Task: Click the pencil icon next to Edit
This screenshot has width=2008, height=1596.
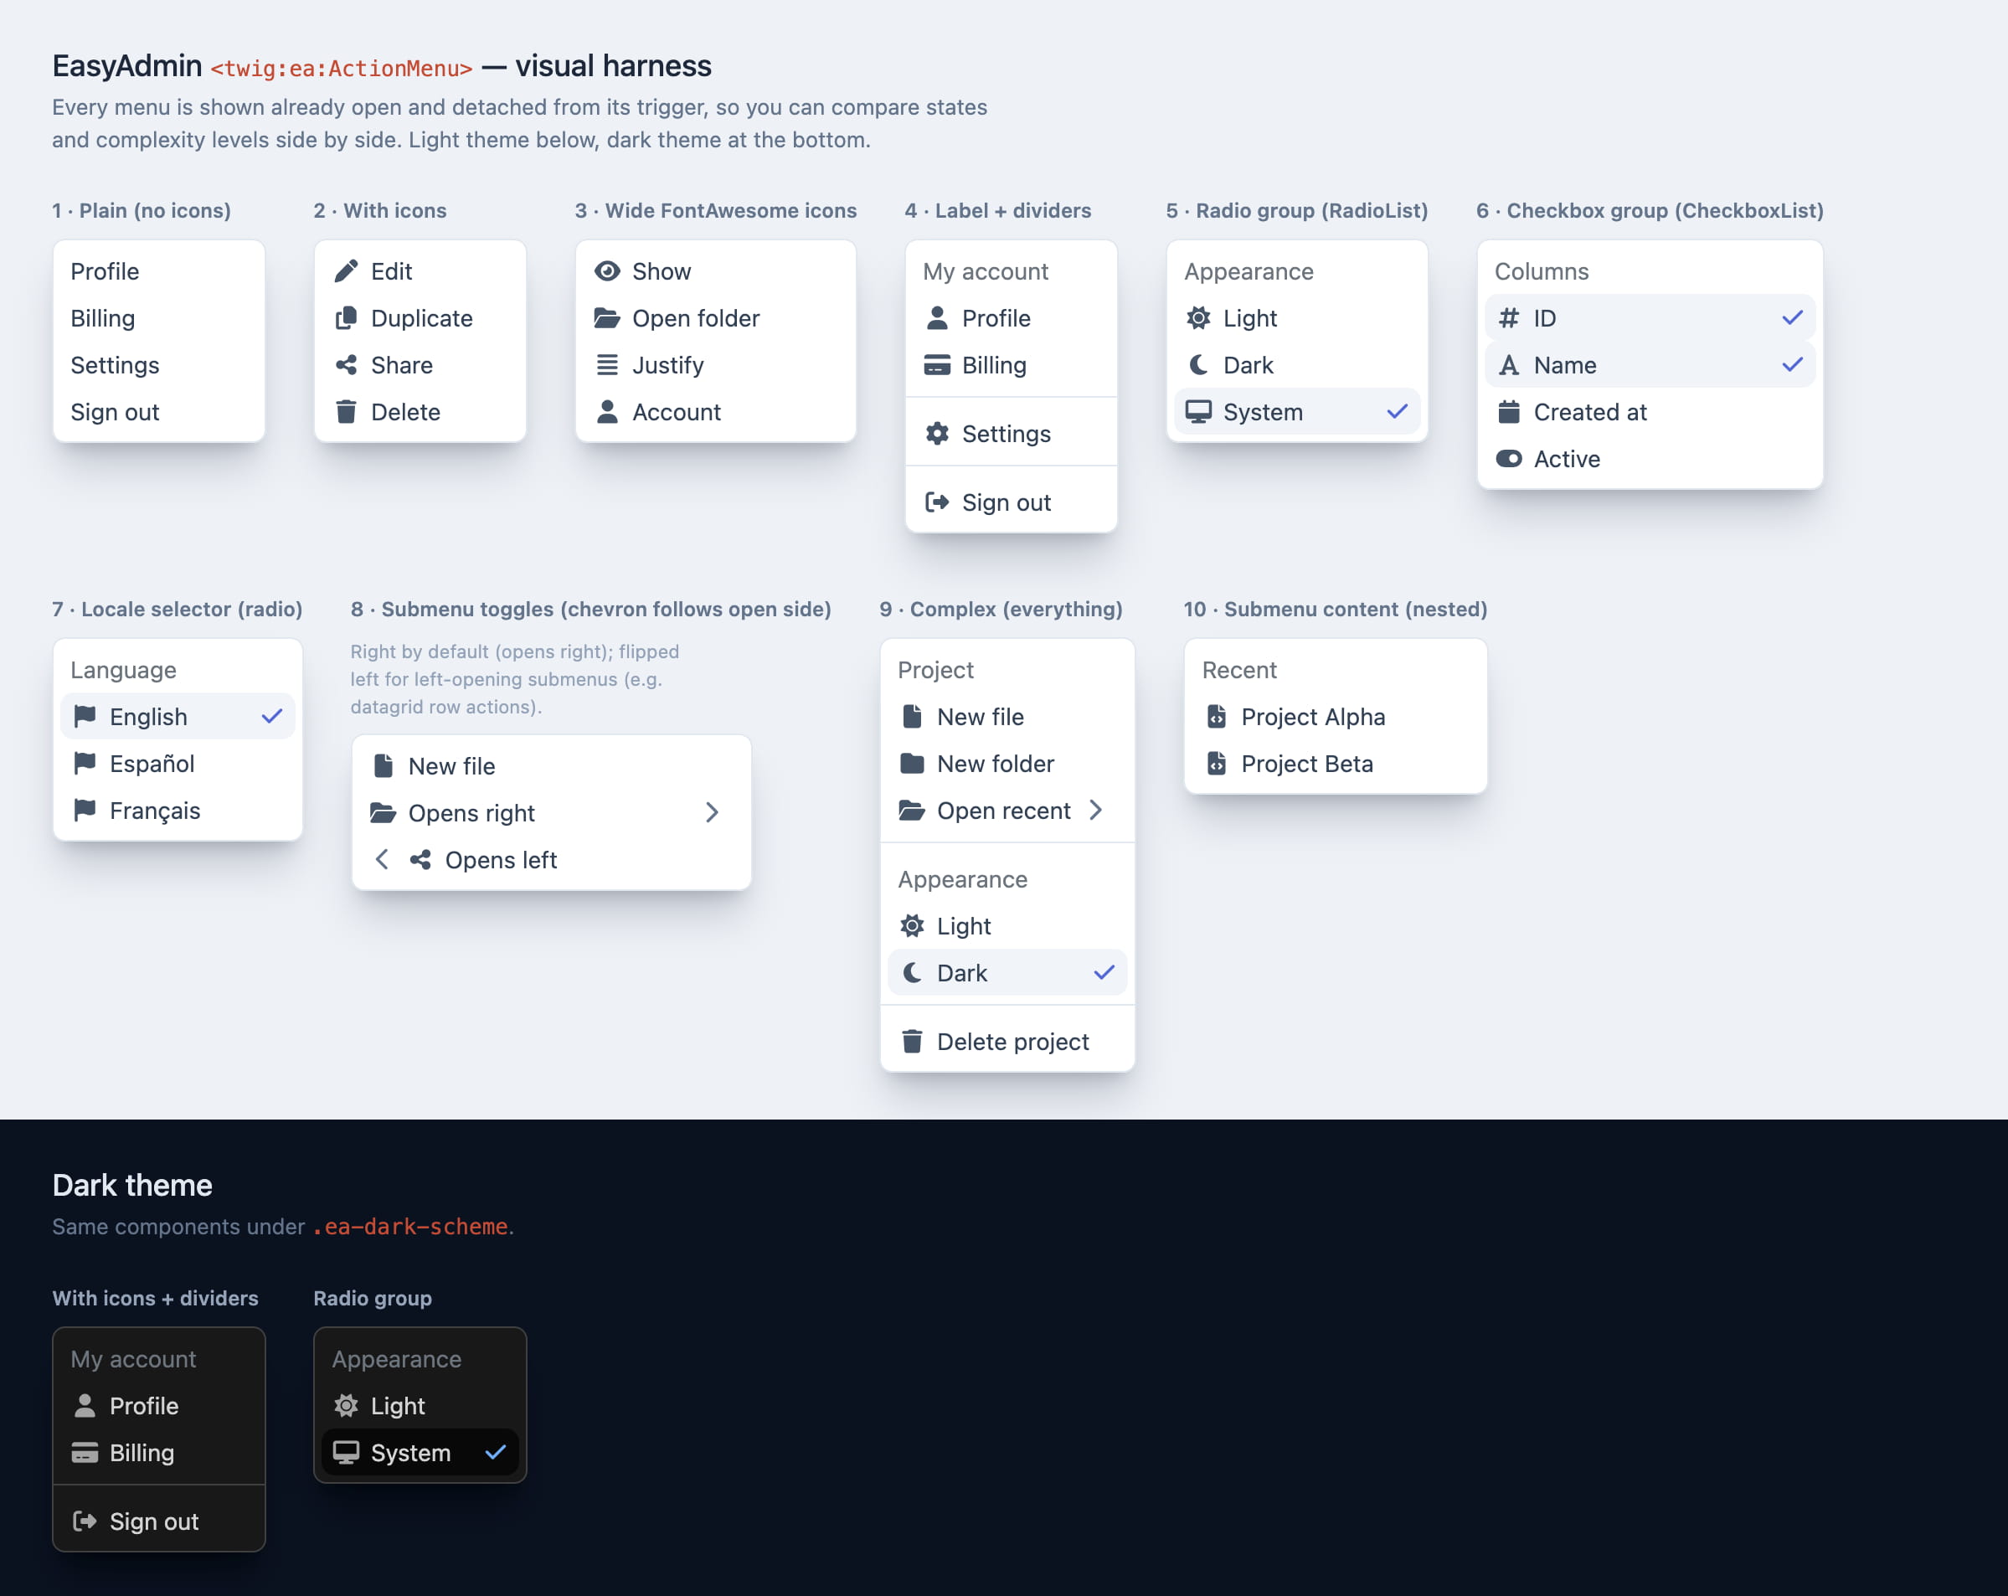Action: (346, 271)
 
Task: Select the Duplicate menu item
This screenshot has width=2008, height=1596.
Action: (420, 318)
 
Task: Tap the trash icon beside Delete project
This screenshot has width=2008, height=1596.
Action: (912, 1041)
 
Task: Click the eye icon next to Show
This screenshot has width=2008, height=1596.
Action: (607, 271)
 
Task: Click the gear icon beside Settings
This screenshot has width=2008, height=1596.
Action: (937, 434)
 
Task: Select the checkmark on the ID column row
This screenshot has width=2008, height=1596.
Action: (1792, 318)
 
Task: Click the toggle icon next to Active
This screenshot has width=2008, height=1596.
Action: (1509, 459)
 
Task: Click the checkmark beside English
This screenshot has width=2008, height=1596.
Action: (272, 716)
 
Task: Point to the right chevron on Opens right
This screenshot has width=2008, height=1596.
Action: (713, 813)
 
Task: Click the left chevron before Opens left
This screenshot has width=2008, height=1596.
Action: (382, 859)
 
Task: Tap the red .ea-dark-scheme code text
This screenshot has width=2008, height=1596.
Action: (410, 1227)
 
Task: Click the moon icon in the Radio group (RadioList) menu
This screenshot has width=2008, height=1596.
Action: (1198, 365)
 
